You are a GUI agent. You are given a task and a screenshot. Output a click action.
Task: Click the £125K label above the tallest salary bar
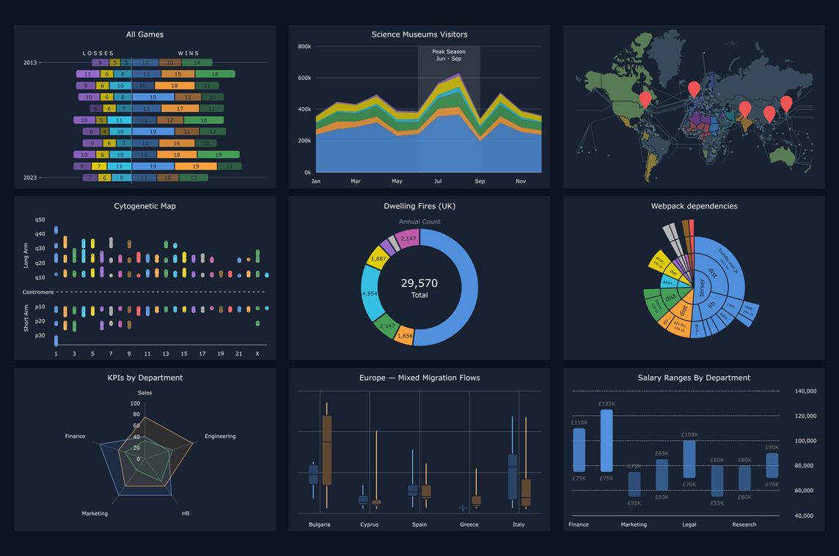click(x=607, y=403)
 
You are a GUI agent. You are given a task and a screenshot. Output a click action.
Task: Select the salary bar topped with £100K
click(x=689, y=459)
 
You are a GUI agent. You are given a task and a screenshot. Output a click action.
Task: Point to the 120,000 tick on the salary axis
click(x=805, y=416)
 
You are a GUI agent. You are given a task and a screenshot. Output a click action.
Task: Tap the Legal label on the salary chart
click(x=689, y=524)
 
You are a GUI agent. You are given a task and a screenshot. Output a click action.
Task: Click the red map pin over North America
click(x=645, y=98)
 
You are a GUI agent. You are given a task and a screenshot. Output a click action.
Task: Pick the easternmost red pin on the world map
click(x=786, y=103)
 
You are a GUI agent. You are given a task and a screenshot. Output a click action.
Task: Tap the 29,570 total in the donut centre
click(x=419, y=283)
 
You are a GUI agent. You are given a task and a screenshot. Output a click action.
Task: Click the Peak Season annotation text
click(x=448, y=52)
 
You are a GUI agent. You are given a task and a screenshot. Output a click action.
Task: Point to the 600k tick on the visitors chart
click(x=304, y=78)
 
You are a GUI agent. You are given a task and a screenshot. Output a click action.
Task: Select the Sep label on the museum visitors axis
click(x=480, y=181)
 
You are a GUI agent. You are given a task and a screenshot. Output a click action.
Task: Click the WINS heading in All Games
click(x=188, y=54)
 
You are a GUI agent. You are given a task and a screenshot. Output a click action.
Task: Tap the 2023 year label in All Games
click(x=30, y=178)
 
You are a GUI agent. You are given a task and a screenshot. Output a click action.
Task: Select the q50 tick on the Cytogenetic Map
click(x=40, y=219)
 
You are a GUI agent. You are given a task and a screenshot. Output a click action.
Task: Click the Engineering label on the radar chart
click(x=220, y=436)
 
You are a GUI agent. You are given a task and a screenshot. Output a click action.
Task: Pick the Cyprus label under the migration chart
click(x=369, y=524)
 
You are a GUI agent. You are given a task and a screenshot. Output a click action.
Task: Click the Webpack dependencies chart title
click(x=694, y=206)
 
